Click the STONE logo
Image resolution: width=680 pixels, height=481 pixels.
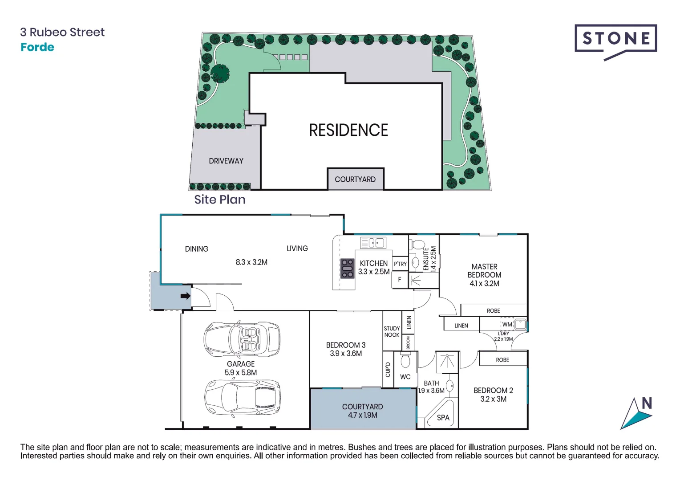coord(615,39)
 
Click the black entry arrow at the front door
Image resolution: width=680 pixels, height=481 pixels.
coord(186,296)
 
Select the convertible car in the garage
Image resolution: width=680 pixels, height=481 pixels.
coord(242,338)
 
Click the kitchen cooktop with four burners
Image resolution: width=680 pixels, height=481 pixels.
coord(347,269)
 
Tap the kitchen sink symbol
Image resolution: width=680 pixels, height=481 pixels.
coord(373,243)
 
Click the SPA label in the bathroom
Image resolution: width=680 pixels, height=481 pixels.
coord(443,418)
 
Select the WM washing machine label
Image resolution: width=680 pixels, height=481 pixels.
coord(507,324)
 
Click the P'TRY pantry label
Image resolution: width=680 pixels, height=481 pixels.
coord(400,264)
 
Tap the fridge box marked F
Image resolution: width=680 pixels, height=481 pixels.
coord(400,280)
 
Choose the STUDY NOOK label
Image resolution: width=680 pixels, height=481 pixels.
coord(392,331)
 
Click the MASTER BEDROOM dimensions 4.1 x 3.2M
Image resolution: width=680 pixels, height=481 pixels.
coord(484,283)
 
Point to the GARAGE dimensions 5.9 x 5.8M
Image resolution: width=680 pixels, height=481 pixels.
coord(240,372)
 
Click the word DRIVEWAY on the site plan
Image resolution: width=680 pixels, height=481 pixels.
coord(226,161)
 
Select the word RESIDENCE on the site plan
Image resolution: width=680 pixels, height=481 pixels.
coord(348,130)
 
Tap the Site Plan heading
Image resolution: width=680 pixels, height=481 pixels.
coord(220,200)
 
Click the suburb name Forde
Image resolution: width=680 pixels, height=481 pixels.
coord(37,47)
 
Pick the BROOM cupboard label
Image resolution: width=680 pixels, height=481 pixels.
coord(408,342)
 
